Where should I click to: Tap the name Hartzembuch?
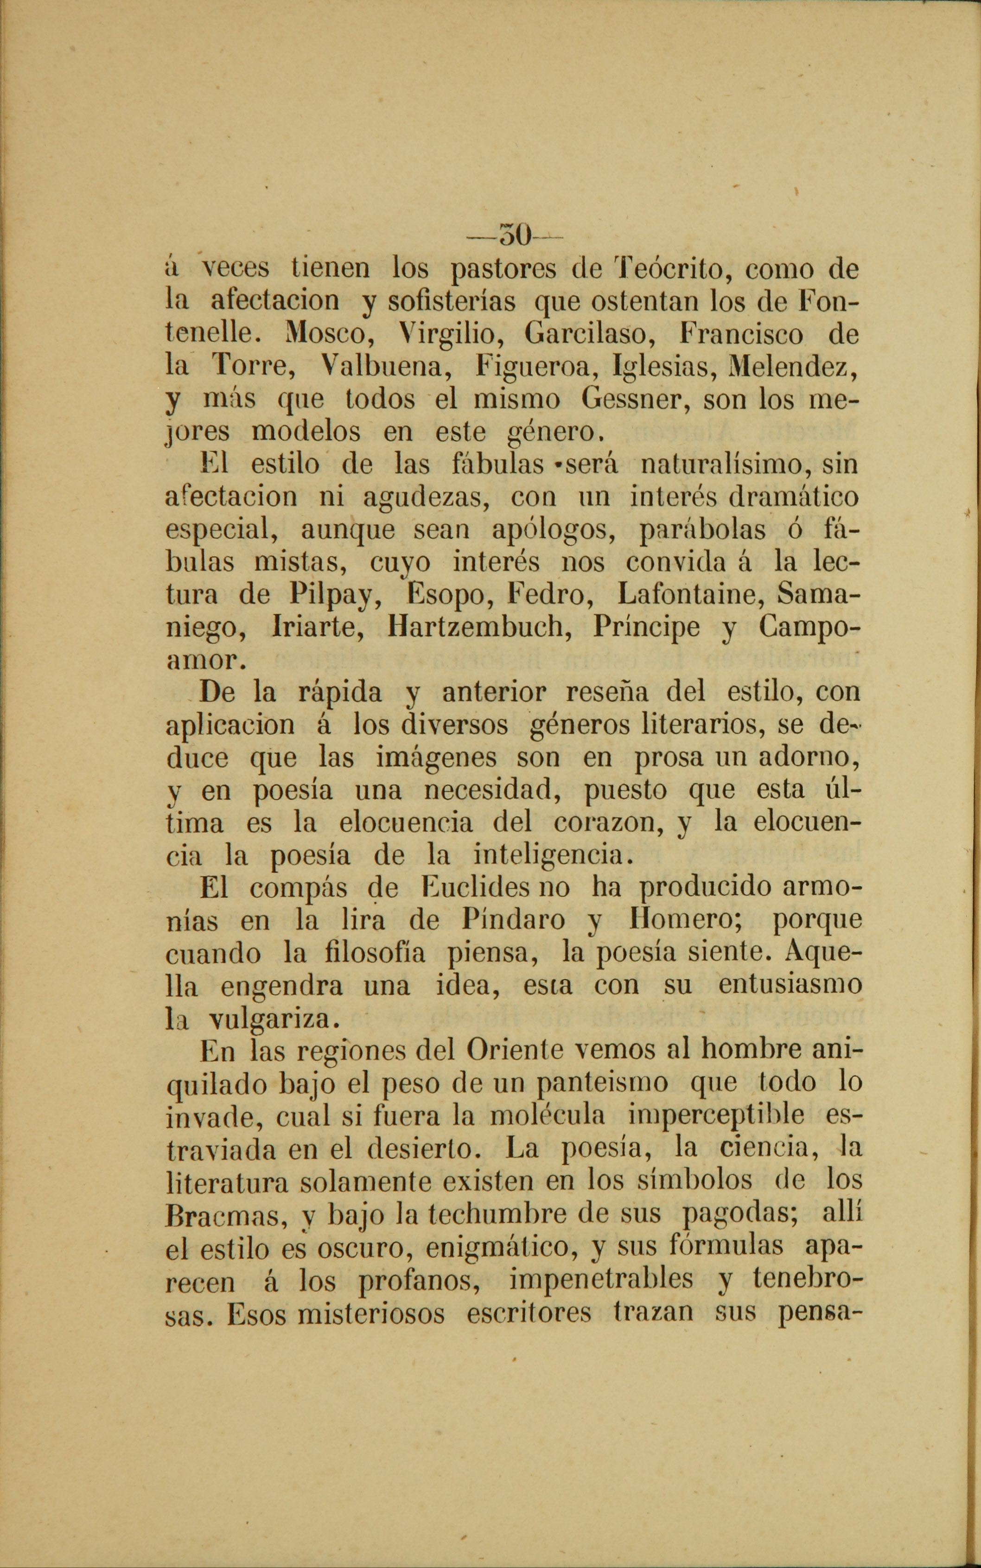tap(478, 627)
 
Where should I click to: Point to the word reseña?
tap(607, 692)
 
